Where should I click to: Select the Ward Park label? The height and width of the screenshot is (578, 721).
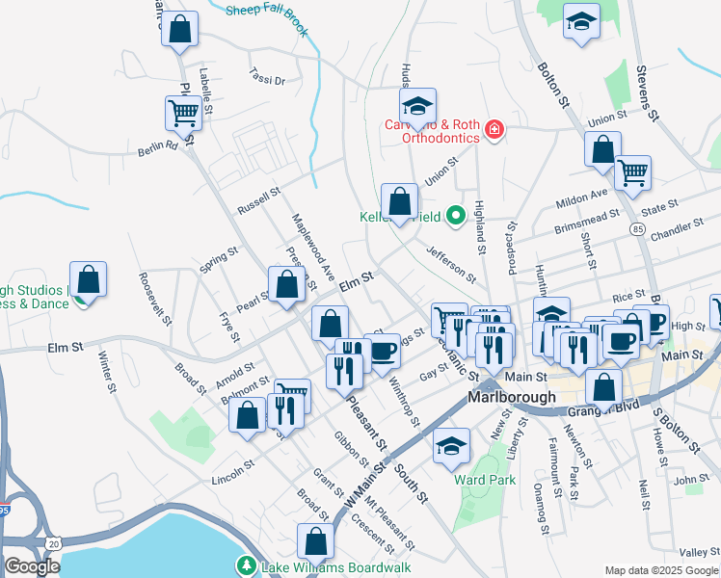(x=487, y=479)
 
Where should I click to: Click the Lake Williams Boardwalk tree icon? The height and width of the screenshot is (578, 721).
(x=248, y=565)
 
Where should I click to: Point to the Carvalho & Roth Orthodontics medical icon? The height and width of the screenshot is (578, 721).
(x=494, y=129)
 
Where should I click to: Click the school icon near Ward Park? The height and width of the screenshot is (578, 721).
(x=450, y=445)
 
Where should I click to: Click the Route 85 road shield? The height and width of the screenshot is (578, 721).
(x=638, y=228)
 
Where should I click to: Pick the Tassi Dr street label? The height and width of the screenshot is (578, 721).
(x=266, y=76)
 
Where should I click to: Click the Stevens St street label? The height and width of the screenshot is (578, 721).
(x=646, y=93)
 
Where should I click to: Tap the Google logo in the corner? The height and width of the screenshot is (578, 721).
(x=32, y=566)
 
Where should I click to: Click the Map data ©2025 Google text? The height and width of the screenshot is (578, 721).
(x=661, y=570)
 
